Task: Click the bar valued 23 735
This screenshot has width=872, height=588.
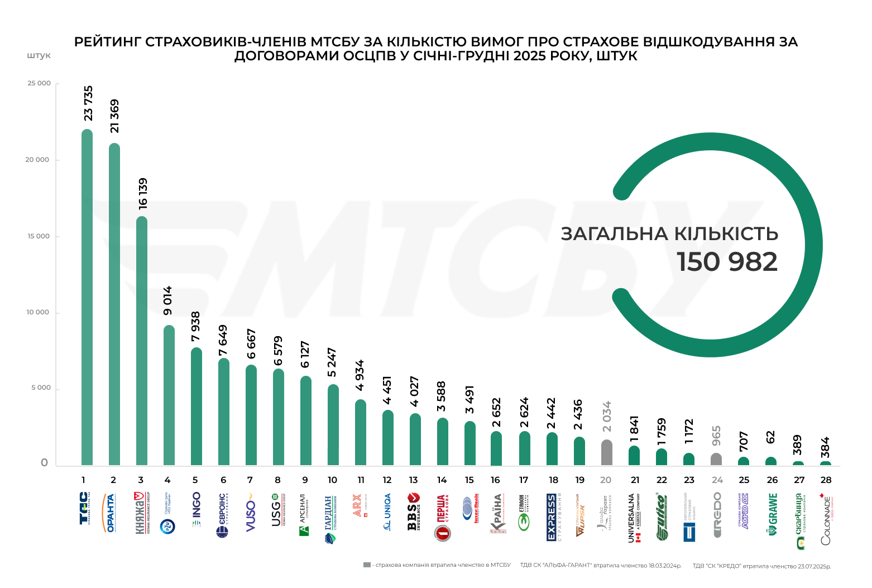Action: pos(87,296)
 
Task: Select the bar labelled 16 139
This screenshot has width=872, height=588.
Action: pos(142,341)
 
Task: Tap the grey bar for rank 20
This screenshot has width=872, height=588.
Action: pos(607,453)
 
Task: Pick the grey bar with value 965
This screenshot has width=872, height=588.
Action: pos(716,459)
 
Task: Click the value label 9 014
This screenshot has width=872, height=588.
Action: pos(168,300)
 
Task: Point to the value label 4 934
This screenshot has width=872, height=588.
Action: pos(360,375)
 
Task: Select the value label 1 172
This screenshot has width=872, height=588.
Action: pos(689,432)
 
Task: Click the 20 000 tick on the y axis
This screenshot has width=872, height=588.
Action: pos(37,160)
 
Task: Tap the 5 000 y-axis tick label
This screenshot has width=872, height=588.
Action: pos(40,388)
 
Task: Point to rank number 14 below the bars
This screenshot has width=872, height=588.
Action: pos(442,480)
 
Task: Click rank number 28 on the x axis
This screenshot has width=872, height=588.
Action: pos(826,480)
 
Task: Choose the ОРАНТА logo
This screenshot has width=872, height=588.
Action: pos(111,513)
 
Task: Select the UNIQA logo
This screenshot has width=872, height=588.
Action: pos(387,511)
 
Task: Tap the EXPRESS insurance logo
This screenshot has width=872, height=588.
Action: pos(552,517)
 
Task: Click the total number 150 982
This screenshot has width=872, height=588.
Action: pos(727,262)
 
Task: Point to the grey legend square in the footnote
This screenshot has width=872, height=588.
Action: pos(367,565)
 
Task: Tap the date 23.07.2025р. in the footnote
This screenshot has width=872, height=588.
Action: pos(814,566)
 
